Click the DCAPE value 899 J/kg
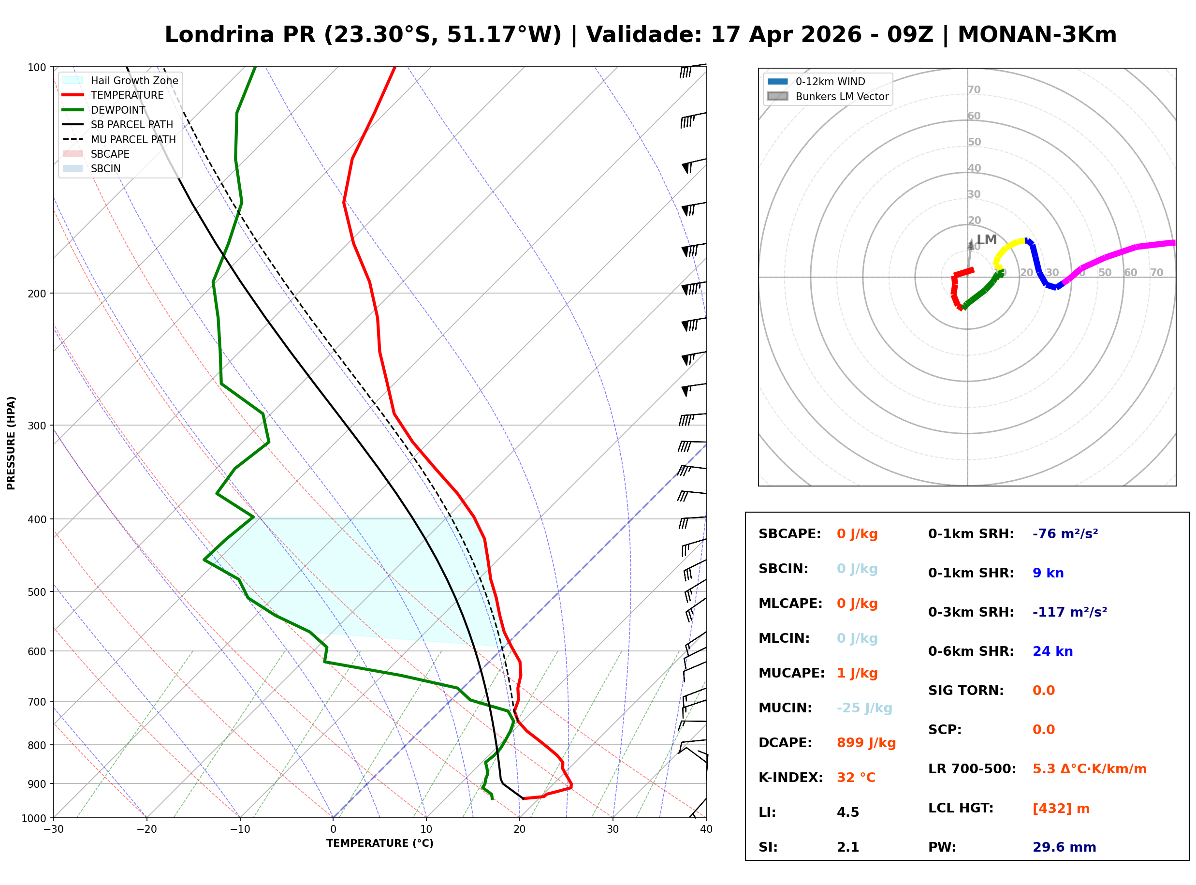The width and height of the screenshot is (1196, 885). pos(866,743)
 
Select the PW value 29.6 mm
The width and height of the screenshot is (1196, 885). pos(1064,847)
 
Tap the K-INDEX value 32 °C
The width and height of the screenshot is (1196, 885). pos(856,778)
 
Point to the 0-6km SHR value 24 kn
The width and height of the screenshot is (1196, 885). pos(1052,651)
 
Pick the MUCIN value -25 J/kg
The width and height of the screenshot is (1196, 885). pos(864,708)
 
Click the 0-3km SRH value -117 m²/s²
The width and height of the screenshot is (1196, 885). pos(1069,612)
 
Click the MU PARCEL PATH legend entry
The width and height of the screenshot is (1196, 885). pos(133,139)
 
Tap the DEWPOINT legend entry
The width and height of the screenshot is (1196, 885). pos(118,110)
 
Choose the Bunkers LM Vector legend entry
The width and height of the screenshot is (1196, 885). pos(841,96)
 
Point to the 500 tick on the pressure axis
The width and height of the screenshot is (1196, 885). pos(37,592)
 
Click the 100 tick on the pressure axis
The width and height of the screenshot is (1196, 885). pos(37,68)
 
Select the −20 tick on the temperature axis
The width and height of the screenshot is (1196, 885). pos(146,829)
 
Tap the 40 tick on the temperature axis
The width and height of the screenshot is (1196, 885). pos(706,829)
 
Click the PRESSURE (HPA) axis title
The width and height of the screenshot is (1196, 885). pos(11,442)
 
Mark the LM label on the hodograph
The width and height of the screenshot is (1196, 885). pos(986,239)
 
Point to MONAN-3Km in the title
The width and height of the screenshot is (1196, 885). pos(1036,35)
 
